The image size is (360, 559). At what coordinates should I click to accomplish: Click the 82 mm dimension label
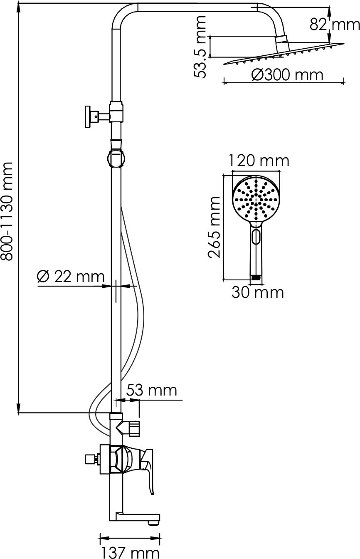coord(335,24)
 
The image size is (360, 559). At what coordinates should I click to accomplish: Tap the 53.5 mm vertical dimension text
coord(200,47)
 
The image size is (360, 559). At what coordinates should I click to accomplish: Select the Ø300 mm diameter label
coord(287,74)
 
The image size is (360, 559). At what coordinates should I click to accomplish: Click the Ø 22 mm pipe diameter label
coord(71,276)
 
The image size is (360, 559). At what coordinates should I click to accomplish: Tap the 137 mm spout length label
coord(130,552)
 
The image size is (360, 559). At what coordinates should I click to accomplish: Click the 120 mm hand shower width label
coord(259,161)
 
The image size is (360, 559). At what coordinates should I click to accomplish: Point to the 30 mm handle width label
coord(258,292)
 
